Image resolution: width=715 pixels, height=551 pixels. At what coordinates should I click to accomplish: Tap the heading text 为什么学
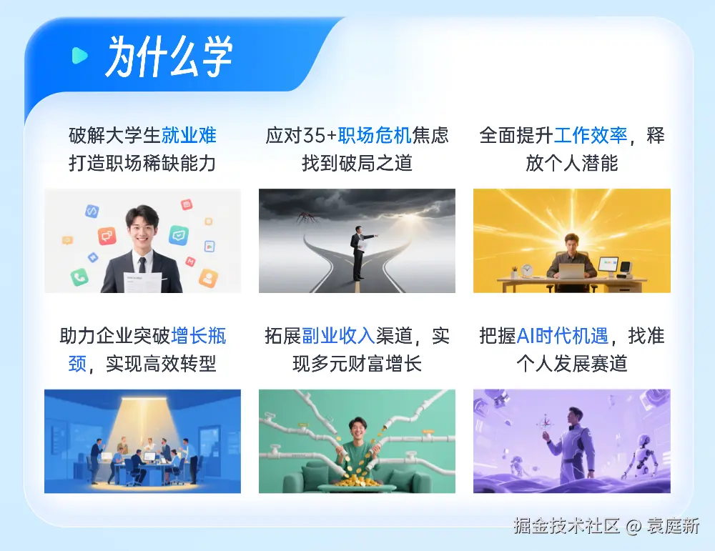(169, 56)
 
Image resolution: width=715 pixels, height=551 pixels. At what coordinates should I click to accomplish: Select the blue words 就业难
(189, 135)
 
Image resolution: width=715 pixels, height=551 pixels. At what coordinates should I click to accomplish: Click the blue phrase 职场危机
(375, 135)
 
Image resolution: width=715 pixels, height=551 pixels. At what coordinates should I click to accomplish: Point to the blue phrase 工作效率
(591, 135)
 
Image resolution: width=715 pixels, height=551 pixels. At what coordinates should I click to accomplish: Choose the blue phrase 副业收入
(338, 336)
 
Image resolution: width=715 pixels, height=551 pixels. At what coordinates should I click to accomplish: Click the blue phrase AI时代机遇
(562, 336)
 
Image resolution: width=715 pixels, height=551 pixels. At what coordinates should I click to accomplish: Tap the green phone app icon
(79, 277)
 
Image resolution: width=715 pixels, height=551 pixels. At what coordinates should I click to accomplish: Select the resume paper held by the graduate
(143, 282)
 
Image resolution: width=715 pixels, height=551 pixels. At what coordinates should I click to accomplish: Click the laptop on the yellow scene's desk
(571, 271)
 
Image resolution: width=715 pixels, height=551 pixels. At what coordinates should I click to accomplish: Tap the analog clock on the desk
(527, 270)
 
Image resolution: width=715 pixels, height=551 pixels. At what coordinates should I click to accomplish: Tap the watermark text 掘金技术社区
(567, 525)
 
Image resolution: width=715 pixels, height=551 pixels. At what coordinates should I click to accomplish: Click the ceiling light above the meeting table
(143, 399)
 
